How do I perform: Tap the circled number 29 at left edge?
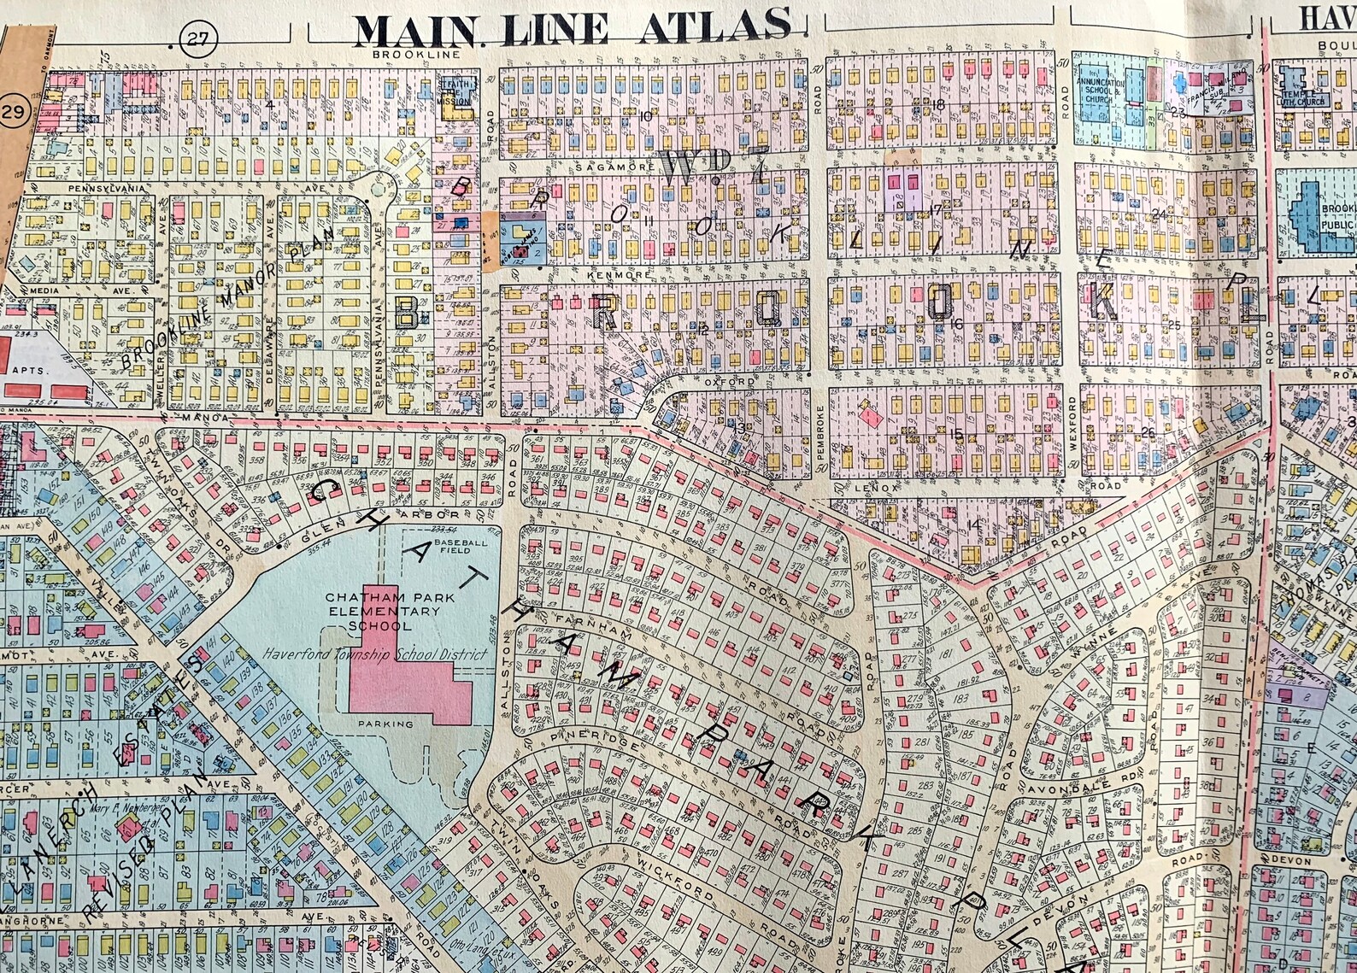[x=12, y=111]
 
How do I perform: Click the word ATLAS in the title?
[x=714, y=27]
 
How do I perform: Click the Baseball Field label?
[x=459, y=548]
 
